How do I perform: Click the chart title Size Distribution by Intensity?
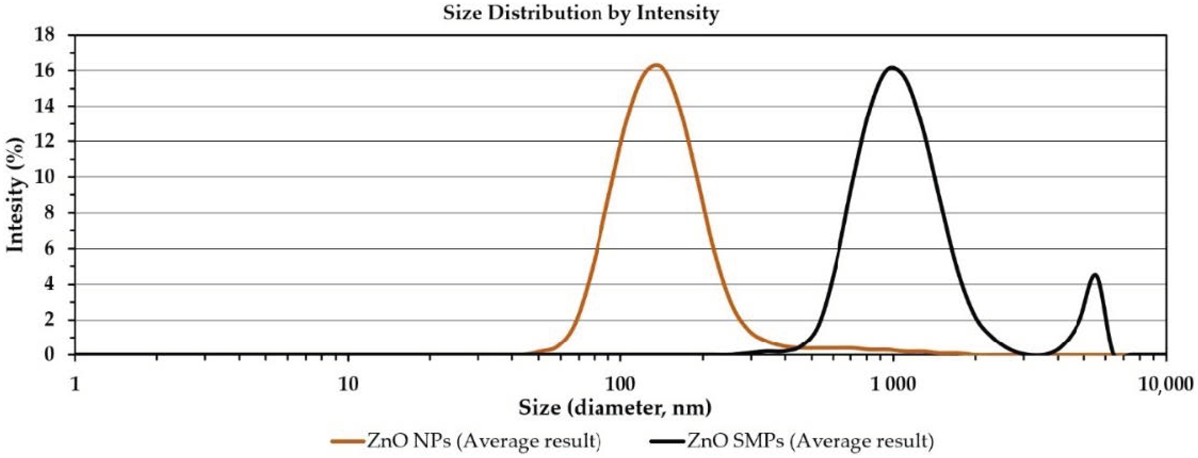(581, 12)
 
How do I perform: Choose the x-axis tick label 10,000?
(1167, 385)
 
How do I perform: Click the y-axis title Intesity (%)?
(15, 195)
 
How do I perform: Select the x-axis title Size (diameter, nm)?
(615, 408)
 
